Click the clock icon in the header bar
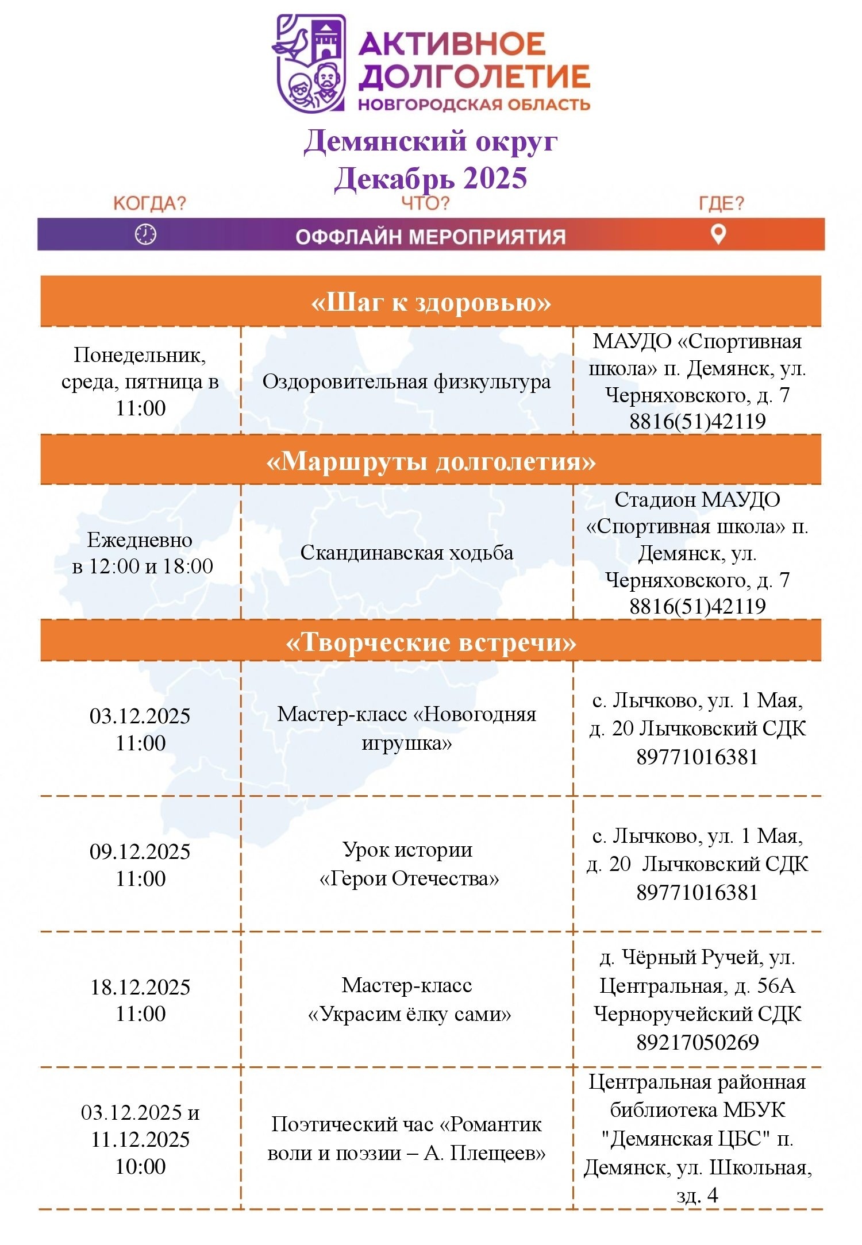[145, 234]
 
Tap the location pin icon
[718, 234]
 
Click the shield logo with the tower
[311, 63]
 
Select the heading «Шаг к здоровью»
[430, 302]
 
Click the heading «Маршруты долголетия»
[430, 461]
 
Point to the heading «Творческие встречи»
[430, 642]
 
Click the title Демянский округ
[430, 141]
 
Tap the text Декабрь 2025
[430, 178]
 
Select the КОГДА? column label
[149, 203]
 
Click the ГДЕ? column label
[721, 203]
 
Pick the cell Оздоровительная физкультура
[406, 381]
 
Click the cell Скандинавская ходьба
[406, 553]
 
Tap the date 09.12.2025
[140, 851]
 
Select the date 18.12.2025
[140, 987]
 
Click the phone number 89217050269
[697, 1042]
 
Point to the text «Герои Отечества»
[409, 878]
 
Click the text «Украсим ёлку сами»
[409, 1014]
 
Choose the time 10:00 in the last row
[140, 1166]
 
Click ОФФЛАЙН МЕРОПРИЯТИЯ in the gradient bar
[430, 237]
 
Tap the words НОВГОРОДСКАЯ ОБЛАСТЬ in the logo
[474, 105]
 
